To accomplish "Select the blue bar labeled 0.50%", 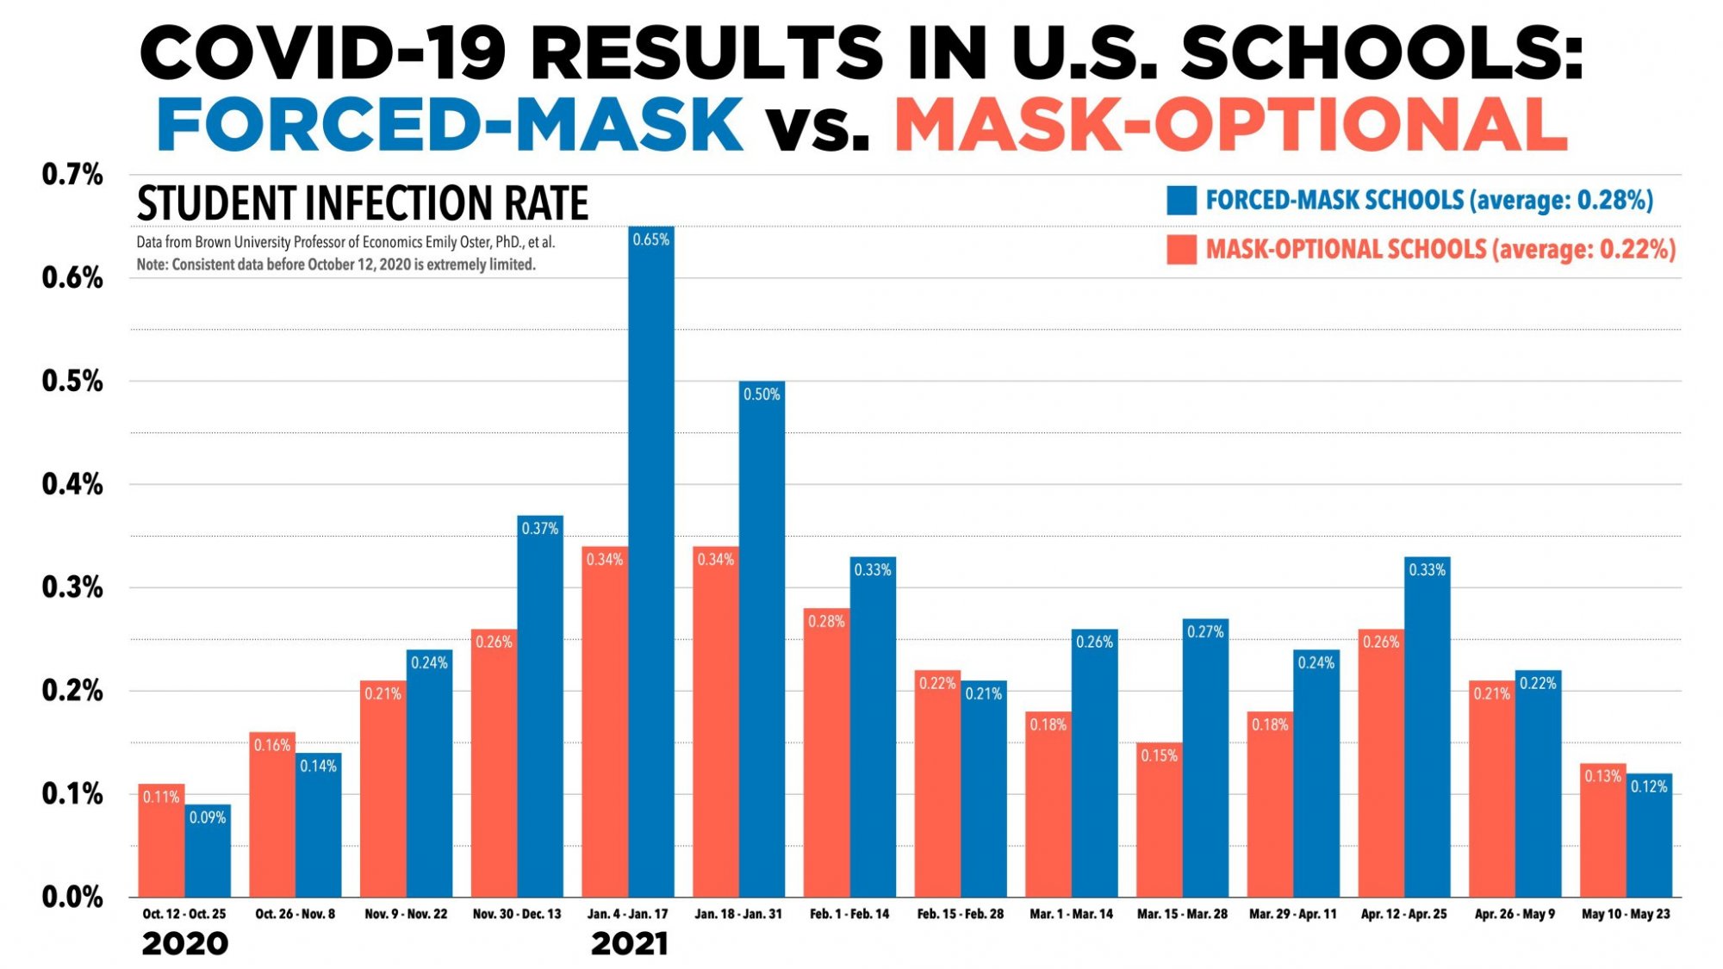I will pyautogui.click(x=762, y=646).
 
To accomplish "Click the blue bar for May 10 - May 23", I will pyautogui.click(x=1649, y=844).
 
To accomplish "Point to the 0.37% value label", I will pyautogui.click(x=540, y=529).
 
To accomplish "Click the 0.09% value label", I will pyautogui.click(x=208, y=817).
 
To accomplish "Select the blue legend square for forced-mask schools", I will pyautogui.click(x=1181, y=200).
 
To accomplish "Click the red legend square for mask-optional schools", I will pyautogui.click(x=1181, y=250).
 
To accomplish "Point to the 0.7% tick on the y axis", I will pyautogui.click(x=72, y=175).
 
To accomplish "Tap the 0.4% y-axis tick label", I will pyautogui.click(x=72, y=485).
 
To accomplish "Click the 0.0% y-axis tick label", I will pyautogui.click(x=72, y=898).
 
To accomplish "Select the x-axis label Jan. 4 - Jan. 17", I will pyautogui.click(x=627, y=914).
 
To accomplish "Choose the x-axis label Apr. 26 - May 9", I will pyautogui.click(x=1515, y=914).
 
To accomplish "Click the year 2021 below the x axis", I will pyautogui.click(x=629, y=944).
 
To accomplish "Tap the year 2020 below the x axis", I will pyautogui.click(x=184, y=944).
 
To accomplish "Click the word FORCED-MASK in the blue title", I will pyautogui.click(x=450, y=125).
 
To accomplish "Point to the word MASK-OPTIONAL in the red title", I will pyautogui.click(x=1230, y=125).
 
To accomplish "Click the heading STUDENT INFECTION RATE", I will pyautogui.click(x=362, y=204).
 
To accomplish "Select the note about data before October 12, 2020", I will pyautogui.click(x=336, y=264).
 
